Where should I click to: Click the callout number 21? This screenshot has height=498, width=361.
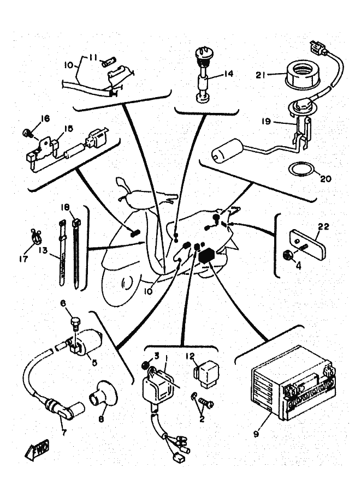tap(260, 76)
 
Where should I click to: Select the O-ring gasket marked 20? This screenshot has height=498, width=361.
tap(300, 170)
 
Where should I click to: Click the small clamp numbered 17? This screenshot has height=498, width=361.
tap(35, 236)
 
